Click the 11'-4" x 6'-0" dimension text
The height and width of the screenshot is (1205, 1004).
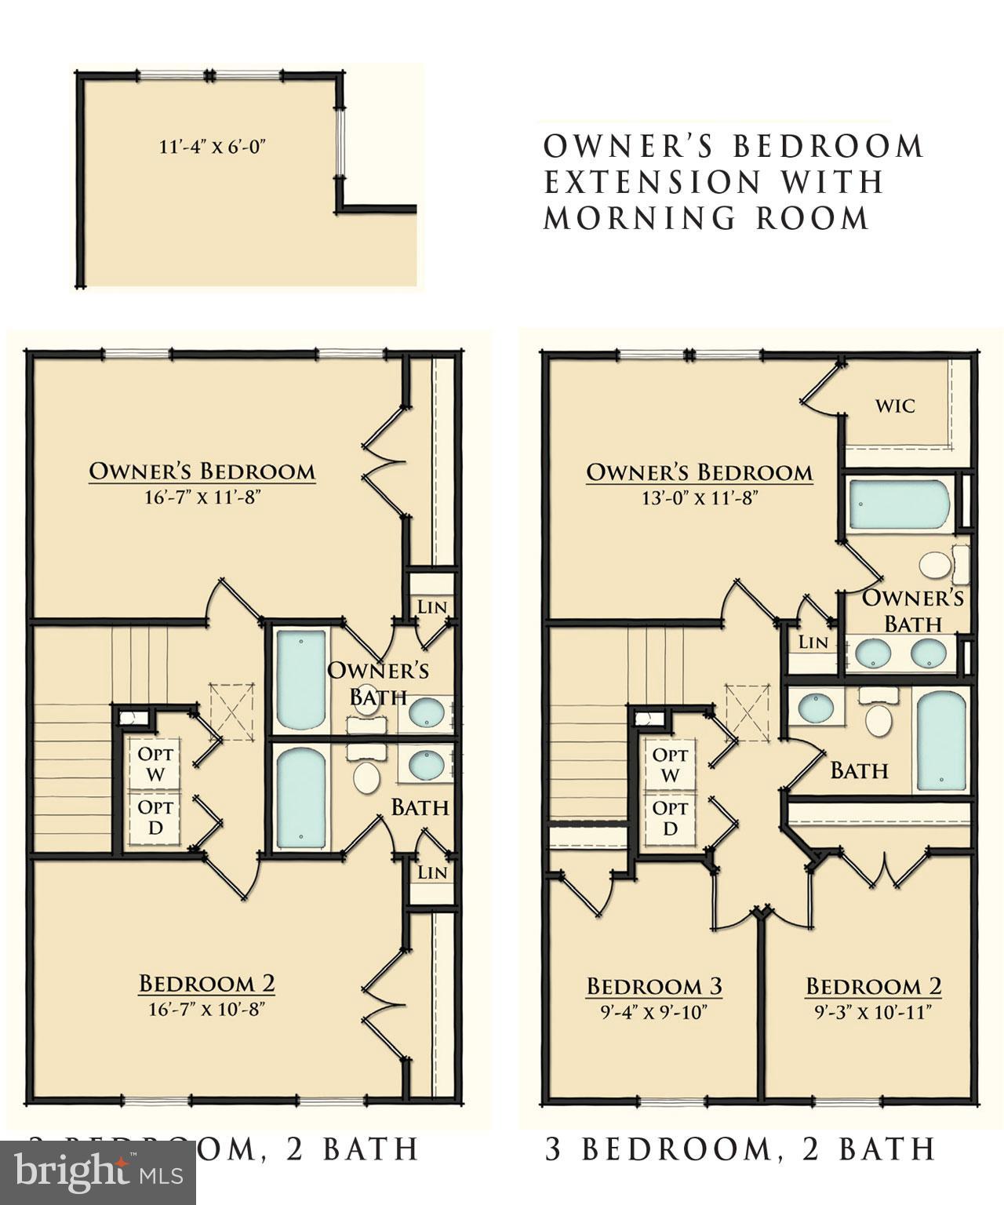pyautogui.click(x=213, y=147)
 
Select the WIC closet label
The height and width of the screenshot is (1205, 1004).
pyautogui.click(x=895, y=406)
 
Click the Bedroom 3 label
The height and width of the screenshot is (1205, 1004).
pyautogui.click(x=654, y=986)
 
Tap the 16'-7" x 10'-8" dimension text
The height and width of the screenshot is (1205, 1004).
pyautogui.click(x=206, y=1008)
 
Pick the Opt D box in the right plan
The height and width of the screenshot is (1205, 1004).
pyautogui.click(x=670, y=817)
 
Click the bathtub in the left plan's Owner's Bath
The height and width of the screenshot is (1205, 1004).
pyautogui.click(x=300, y=679)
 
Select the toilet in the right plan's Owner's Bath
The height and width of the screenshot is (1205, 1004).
pyautogui.click(x=934, y=564)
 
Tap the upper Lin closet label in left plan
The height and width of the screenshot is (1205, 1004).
pyautogui.click(x=432, y=606)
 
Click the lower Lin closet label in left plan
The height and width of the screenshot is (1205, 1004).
pyautogui.click(x=432, y=872)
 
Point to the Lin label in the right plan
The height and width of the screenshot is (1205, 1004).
pyautogui.click(x=813, y=643)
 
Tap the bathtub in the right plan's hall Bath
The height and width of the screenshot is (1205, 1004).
pyautogui.click(x=940, y=741)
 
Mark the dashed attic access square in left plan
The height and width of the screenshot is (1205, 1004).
pyautogui.click(x=232, y=711)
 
